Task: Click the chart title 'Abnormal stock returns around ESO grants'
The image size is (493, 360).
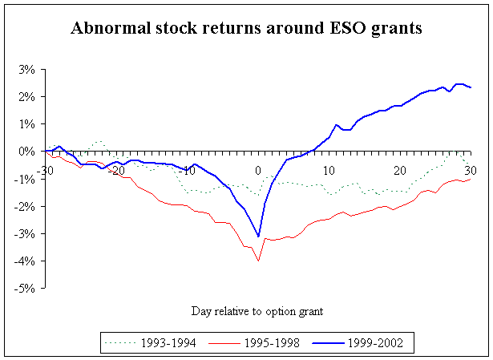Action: tap(246, 29)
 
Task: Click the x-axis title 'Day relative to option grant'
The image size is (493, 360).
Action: tap(257, 310)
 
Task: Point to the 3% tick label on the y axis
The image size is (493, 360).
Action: tap(26, 69)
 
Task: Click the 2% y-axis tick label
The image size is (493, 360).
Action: tap(26, 96)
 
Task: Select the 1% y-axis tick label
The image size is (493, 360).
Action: tap(26, 124)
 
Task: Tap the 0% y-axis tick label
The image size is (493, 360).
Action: tap(26, 152)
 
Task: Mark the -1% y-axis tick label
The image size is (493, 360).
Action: tap(25, 179)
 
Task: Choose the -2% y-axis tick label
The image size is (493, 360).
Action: tap(25, 207)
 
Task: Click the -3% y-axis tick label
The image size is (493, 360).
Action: tap(25, 234)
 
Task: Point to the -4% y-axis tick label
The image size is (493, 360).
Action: tap(25, 261)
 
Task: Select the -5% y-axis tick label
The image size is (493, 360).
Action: tap(25, 289)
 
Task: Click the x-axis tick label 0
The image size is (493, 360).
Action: tap(258, 171)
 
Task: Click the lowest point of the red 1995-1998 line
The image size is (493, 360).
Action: tap(258, 261)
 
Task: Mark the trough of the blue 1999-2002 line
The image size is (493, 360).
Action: tap(258, 237)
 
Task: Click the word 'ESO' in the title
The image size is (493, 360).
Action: tap(340, 29)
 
